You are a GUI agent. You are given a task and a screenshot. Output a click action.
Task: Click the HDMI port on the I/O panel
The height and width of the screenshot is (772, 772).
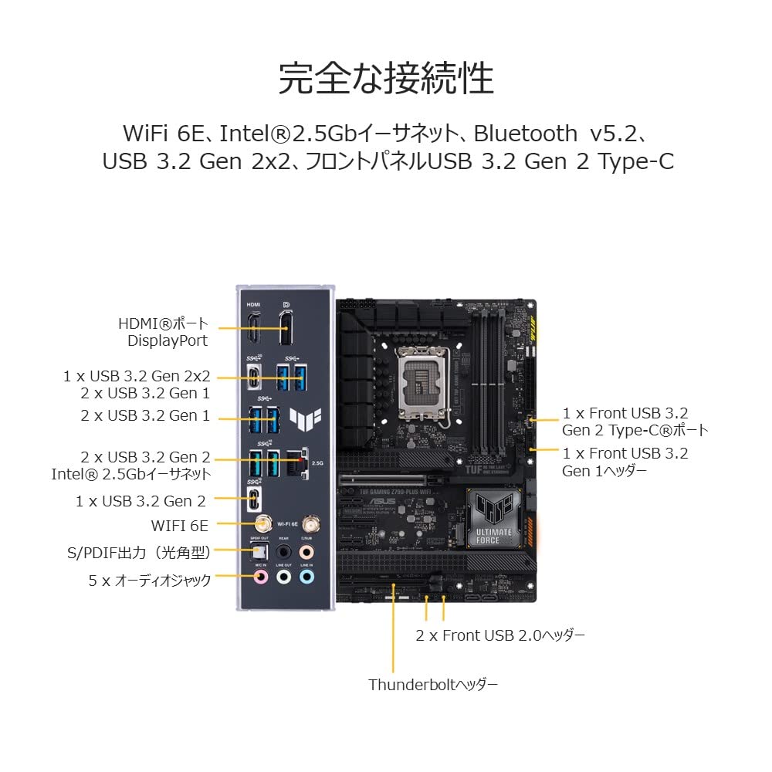pos(253,330)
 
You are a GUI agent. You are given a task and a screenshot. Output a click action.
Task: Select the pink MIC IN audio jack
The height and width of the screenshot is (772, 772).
pos(261,576)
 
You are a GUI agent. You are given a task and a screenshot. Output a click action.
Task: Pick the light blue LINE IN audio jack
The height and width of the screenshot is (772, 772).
pos(307,576)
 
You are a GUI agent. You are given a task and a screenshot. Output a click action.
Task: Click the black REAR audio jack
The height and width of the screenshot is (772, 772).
pos(283,552)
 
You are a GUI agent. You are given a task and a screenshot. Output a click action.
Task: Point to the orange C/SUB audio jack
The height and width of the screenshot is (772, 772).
pos(307,552)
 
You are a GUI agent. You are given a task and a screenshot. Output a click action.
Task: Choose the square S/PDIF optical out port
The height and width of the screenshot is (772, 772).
pos(260,551)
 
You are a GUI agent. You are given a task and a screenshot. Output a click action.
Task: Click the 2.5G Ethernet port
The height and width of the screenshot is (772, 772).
pos(294,462)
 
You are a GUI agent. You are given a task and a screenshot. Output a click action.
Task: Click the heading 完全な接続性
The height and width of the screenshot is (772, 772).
pos(385,77)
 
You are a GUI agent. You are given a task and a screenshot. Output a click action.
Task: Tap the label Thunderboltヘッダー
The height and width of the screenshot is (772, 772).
pos(432,685)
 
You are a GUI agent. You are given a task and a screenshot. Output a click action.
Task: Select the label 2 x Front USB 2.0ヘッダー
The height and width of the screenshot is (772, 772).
pos(500,635)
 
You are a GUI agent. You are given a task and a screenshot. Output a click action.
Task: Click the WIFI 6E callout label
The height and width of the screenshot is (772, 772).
pos(180,526)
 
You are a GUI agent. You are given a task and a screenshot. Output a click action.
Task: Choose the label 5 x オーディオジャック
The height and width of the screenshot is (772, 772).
pos(149,580)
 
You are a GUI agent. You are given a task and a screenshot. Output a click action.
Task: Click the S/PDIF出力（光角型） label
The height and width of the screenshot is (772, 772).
pos(138,552)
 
